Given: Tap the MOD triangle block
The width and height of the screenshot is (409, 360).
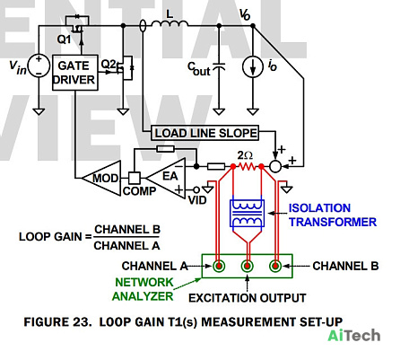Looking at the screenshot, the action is click(101, 178).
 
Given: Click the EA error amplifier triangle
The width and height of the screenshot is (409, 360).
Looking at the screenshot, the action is click(167, 179).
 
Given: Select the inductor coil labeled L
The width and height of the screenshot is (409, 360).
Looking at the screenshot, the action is click(170, 23).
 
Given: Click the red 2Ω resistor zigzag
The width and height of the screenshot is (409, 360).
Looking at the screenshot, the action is click(247, 166).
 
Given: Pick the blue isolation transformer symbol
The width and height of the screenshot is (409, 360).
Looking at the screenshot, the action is click(247, 213).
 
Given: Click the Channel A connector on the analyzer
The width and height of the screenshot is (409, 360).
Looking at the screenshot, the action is click(219, 266).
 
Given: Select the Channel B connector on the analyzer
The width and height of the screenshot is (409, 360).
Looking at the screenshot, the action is click(275, 266).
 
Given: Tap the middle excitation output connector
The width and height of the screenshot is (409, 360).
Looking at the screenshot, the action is click(248, 266).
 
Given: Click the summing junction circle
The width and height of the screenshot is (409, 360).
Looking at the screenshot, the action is click(275, 166).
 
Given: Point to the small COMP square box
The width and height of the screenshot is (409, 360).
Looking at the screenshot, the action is click(135, 178).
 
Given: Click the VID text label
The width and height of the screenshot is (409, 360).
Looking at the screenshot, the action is click(197, 200).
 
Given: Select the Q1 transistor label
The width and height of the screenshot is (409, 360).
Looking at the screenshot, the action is click(65, 40).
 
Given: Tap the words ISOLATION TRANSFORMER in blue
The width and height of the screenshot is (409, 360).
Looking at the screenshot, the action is click(333, 215).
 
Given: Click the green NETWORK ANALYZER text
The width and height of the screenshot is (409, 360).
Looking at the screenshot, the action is click(144, 289).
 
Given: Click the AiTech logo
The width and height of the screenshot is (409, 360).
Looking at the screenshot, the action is click(354, 336).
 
